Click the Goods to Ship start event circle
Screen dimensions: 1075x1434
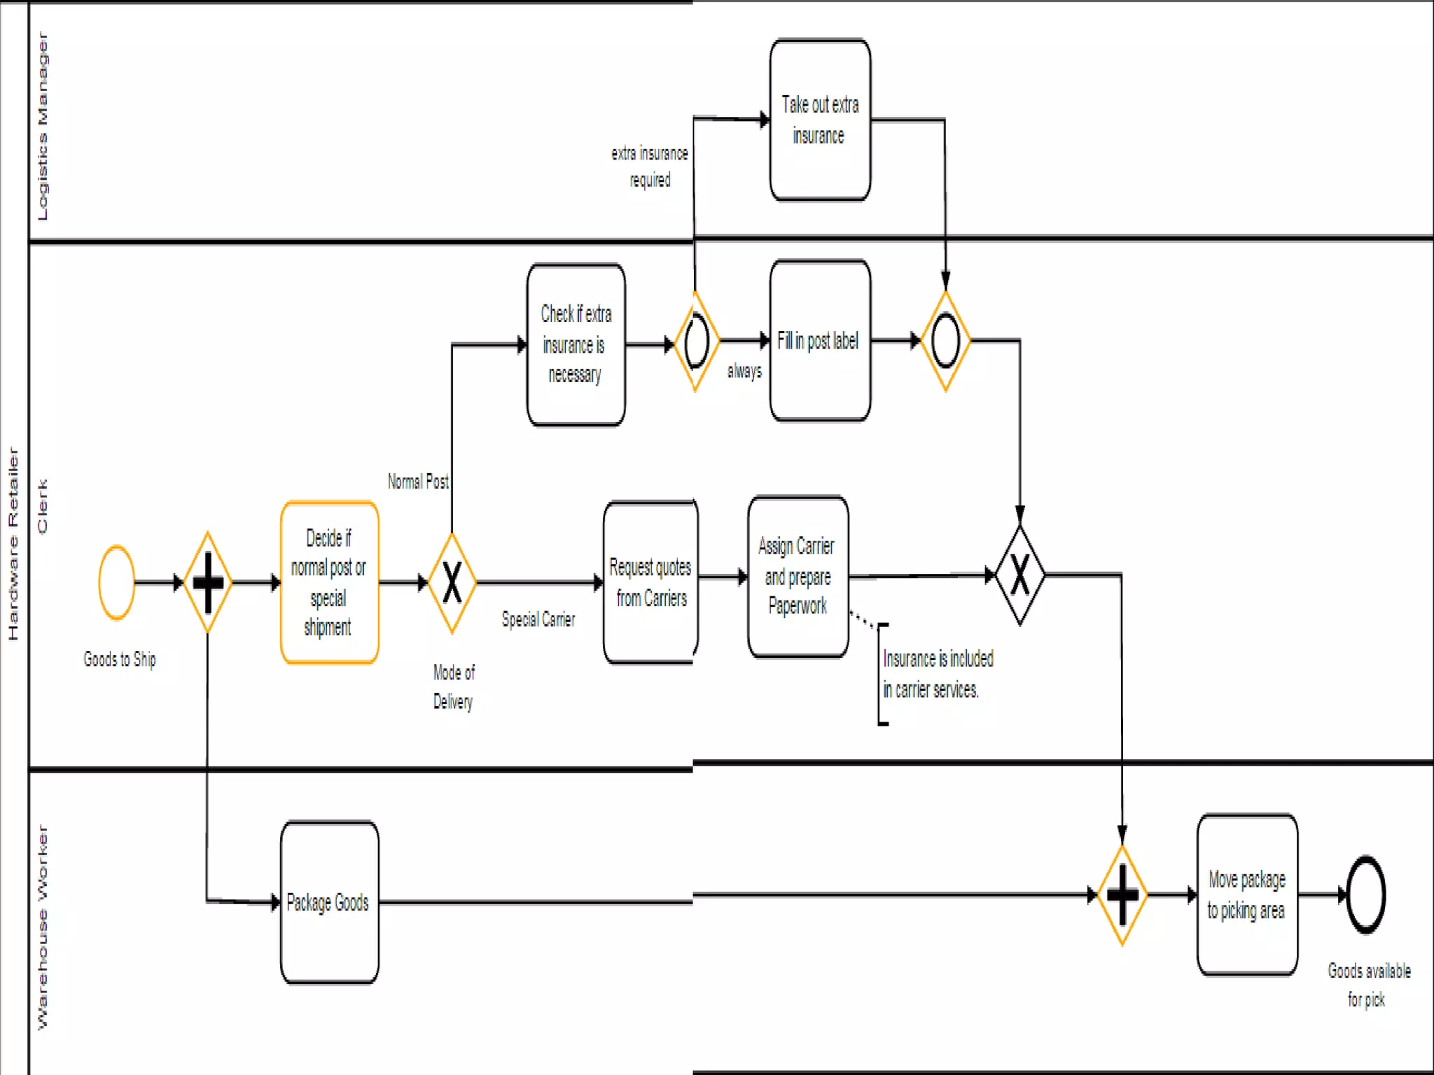(117, 582)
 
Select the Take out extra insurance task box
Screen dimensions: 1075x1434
(820, 120)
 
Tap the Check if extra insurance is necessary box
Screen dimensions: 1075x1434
(576, 344)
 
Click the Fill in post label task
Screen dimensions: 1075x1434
(820, 341)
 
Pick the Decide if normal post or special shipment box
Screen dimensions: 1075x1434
(329, 582)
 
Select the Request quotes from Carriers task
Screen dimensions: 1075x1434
(650, 582)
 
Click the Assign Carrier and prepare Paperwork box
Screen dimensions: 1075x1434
(798, 577)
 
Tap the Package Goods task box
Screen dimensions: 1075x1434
(329, 902)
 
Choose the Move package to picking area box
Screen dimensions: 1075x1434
(1246, 894)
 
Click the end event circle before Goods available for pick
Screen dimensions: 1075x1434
(1365, 894)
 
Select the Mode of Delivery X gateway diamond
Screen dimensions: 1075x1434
(452, 582)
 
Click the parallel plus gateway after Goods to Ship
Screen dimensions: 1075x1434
(208, 582)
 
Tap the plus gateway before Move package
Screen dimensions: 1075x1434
(1122, 894)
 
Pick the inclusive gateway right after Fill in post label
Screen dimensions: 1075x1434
(945, 341)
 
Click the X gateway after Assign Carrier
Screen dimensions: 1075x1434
(1019, 575)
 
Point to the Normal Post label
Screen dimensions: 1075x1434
(418, 482)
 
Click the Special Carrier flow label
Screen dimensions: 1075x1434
(538, 619)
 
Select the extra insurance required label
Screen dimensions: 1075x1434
(650, 167)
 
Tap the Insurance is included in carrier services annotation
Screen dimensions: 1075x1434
(937, 674)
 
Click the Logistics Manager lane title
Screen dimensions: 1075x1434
(42, 126)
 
